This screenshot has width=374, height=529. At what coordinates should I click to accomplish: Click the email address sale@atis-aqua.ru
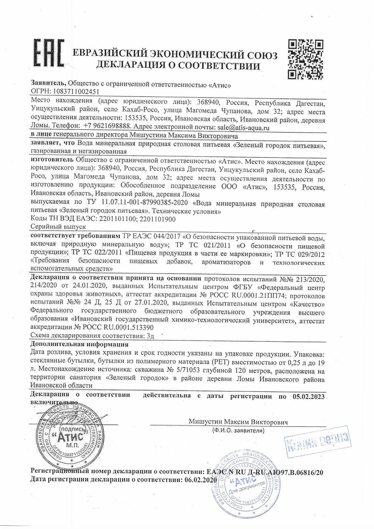[x=244, y=128]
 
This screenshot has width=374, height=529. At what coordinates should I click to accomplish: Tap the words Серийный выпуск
[x=58, y=227]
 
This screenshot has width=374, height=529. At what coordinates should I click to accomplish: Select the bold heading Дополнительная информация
[x=79, y=344]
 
